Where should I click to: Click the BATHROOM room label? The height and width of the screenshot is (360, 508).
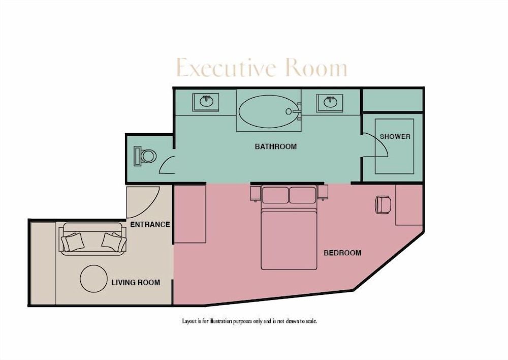coord(275,146)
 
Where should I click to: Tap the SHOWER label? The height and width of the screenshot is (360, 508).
coord(395,136)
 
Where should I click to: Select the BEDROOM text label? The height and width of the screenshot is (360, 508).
coord(342,253)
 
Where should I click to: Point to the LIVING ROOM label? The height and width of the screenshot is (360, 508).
coord(136,282)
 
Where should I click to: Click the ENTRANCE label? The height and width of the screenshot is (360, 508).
coord(150,224)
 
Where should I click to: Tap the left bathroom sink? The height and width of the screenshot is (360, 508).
coord(206,102)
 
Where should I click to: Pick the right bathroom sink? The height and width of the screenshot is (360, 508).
coord(330,102)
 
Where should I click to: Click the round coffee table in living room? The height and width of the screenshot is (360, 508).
coord(94,279)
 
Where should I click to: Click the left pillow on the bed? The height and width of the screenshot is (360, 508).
coord(275,195)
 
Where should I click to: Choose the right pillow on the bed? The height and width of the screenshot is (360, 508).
coord(302,195)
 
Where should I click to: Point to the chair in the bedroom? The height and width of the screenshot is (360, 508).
coord(382,204)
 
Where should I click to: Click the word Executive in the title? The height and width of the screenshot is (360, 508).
coord(226,68)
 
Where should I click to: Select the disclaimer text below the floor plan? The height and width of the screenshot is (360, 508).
coord(249,321)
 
